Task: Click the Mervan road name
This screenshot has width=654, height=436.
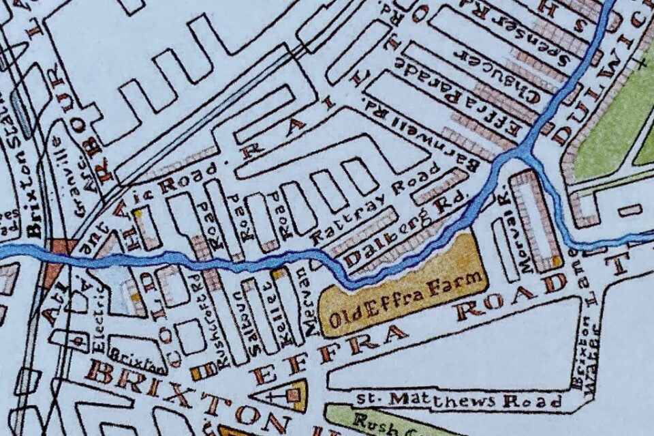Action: pyautogui.click(x=311, y=300)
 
